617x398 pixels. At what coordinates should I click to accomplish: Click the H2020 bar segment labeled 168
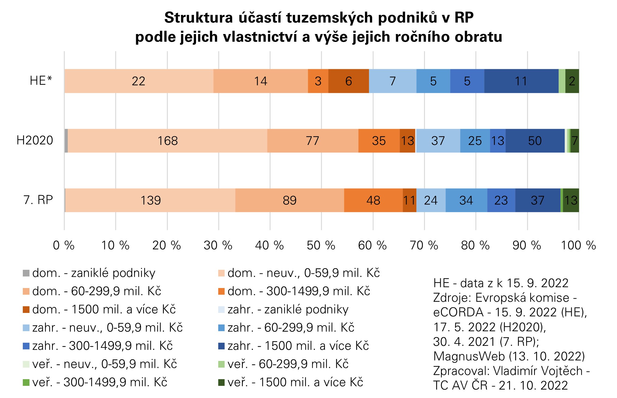coord(167,141)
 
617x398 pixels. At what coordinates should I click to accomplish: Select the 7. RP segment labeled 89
coord(289,200)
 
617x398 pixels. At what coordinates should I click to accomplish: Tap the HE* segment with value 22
coord(139,81)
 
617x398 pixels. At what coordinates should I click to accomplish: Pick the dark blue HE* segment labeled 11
coord(521,81)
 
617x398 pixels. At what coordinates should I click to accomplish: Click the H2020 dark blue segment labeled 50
coord(535,141)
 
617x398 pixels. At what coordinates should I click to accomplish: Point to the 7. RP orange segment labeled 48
coord(373,200)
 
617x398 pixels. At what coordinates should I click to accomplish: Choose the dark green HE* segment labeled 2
coord(572,81)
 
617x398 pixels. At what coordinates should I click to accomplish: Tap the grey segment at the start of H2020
coord(66,141)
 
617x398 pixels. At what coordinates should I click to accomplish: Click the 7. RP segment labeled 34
coord(466,200)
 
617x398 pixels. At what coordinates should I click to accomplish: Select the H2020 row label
coord(35,140)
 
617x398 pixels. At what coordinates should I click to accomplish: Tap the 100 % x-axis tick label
coord(578,245)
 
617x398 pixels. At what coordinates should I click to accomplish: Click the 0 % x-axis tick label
coord(64,245)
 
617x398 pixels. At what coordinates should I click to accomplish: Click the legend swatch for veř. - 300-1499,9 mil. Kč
coord(26,383)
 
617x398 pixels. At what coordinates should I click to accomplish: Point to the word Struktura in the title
coord(198,18)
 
